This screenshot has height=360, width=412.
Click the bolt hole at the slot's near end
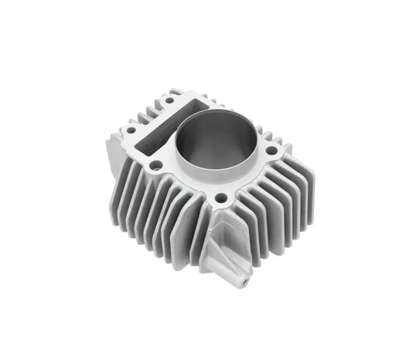156,165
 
